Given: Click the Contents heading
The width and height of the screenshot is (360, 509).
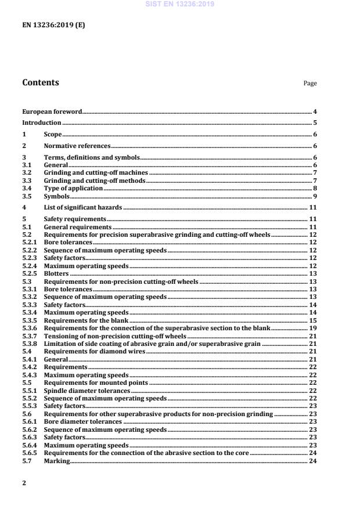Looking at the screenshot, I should tap(40, 82).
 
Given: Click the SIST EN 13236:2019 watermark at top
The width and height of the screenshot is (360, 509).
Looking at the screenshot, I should tap(179, 3).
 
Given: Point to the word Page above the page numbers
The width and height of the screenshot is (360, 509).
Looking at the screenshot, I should tap(310, 84).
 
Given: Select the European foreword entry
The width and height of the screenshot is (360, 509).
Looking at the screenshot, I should tap(52, 111).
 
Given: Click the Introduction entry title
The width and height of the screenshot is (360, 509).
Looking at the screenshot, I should tap(41, 123).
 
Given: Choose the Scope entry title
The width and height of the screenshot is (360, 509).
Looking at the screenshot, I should tap(53, 135).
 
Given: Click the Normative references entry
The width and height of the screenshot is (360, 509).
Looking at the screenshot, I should tap(77, 146).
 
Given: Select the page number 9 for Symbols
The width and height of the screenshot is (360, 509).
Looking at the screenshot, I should tap(314, 196).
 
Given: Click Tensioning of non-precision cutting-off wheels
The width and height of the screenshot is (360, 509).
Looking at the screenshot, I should tap(115, 336).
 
